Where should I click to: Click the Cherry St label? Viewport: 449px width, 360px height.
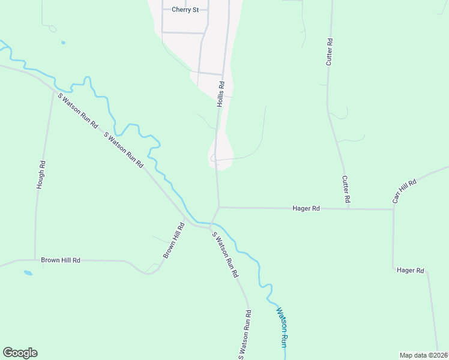click(185, 10)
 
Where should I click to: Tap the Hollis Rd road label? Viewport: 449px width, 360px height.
click(221, 94)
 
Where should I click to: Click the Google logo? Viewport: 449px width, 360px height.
click(20, 353)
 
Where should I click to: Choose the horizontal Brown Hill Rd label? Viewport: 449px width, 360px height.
click(61, 260)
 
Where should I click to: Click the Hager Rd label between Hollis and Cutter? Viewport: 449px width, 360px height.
click(306, 208)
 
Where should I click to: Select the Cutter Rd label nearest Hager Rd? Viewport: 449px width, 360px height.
click(346, 188)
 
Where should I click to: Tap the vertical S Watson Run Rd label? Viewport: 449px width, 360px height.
click(244, 335)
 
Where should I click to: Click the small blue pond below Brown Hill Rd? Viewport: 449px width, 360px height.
click(28, 273)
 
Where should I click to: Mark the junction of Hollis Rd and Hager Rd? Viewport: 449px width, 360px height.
click(219, 208)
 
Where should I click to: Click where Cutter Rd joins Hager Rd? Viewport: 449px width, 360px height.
click(348, 209)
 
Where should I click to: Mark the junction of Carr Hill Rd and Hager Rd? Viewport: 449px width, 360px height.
click(393, 209)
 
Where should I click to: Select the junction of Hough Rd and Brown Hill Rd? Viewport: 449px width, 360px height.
click(35, 260)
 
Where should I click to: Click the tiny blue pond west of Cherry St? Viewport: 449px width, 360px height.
click(63, 43)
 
